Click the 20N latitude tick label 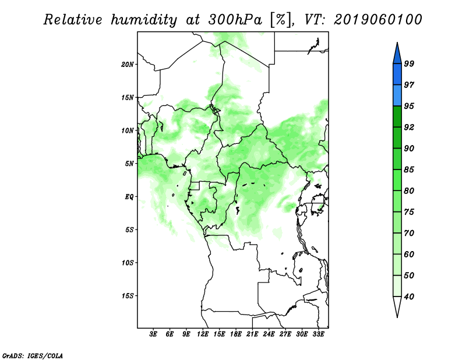[128, 65]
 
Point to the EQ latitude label [129, 197]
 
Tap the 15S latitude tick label [128, 296]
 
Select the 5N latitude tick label [129, 164]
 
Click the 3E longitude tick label [153, 334]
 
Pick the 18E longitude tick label [236, 334]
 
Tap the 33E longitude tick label [318, 334]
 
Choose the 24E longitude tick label [269, 334]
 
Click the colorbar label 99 [409, 63]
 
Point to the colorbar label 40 [409, 297]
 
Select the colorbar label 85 [409, 170]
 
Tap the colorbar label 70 [409, 233]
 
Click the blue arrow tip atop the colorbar [397, 43]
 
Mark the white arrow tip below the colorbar [397, 317]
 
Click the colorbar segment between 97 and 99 [397, 75]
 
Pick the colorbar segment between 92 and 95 [397, 117]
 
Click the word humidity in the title [144, 20]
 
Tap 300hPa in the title [235, 20]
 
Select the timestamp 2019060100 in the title [377, 20]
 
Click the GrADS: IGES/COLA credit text [33, 355]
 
